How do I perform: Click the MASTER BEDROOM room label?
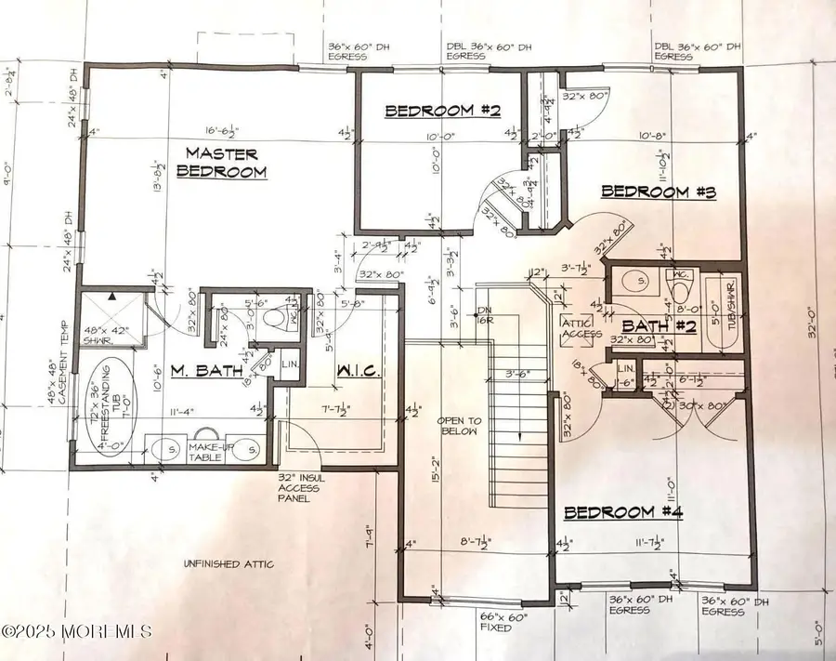click(222, 162)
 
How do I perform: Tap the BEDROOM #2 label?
click(444, 112)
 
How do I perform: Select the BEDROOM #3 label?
click(658, 192)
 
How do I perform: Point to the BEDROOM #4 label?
click(622, 512)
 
